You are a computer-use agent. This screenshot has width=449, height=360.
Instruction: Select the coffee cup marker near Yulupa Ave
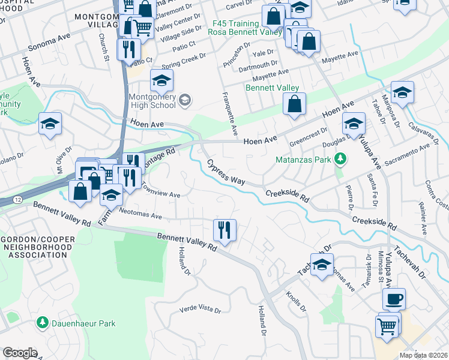pyautogui.click(x=394, y=298)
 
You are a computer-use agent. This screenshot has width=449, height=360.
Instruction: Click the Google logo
pyautogui.click(x=20, y=353)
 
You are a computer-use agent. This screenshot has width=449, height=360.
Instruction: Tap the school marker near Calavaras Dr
pyautogui.click(x=402, y=92)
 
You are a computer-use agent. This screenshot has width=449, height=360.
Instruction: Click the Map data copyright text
pyautogui.click(x=423, y=355)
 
